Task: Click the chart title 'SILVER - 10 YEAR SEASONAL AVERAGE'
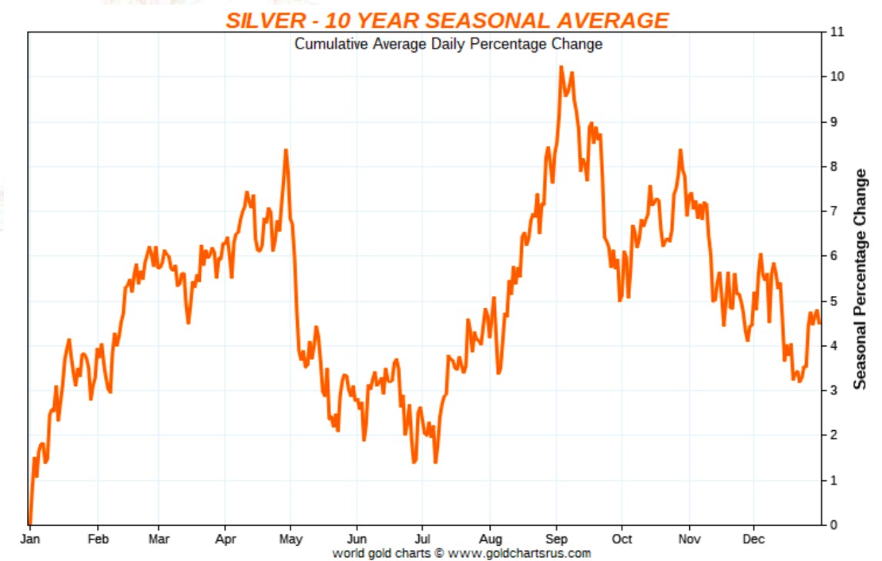(447, 21)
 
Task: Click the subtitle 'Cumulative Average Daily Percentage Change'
(448, 44)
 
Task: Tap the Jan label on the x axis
(31, 539)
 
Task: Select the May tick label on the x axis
(291, 539)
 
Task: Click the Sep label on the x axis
(557, 539)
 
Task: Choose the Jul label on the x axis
(422, 539)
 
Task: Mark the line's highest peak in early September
(561, 67)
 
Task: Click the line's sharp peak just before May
(286, 150)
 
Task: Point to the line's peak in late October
(680, 150)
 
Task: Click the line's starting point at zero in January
(29, 523)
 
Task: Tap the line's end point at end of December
(820, 322)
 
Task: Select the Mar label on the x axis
(158, 539)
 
